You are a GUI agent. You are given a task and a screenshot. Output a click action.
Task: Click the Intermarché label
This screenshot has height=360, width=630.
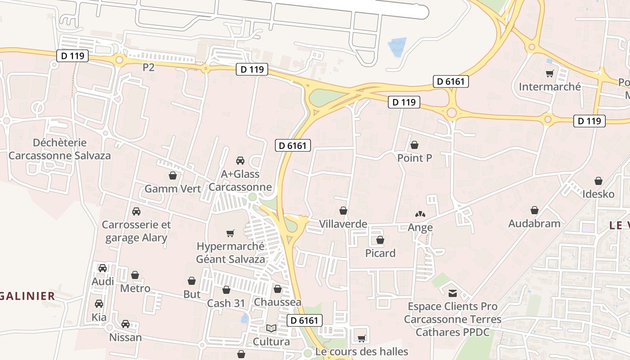(550, 86)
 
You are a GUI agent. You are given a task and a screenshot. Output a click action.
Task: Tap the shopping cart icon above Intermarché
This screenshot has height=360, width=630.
(549, 73)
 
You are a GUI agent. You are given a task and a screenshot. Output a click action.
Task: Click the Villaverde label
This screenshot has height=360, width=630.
(343, 224)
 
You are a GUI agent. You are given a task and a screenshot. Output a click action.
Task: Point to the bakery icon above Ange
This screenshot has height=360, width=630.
(420, 215)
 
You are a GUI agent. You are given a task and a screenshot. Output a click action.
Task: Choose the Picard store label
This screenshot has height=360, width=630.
(380, 253)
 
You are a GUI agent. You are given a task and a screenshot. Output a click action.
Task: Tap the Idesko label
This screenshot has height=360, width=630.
(598, 194)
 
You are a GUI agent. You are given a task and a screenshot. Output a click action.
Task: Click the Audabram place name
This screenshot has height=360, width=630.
(534, 223)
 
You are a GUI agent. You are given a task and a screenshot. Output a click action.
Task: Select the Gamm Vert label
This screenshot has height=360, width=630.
(172, 189)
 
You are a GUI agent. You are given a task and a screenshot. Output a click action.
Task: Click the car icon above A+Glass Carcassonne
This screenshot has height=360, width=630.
(240, 161)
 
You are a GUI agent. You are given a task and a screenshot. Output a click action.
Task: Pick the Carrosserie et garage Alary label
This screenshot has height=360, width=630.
(136, 231)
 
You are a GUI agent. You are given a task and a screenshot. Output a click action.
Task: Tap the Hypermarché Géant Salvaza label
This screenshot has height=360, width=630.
(230, 252)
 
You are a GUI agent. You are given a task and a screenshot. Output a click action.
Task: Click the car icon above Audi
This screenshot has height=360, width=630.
(103, 268)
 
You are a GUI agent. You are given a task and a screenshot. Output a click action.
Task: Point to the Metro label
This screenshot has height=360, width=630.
(135, 288)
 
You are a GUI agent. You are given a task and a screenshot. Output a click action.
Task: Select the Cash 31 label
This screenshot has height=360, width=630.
(226, 303)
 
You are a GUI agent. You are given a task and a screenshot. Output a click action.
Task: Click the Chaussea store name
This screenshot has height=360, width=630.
(277, 302)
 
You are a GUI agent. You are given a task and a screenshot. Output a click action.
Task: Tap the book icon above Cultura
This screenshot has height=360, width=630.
(271, 328)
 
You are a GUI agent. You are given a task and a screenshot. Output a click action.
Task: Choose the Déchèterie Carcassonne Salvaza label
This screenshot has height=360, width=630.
(59, 149)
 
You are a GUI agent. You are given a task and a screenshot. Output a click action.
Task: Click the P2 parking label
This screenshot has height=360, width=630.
(148, 67)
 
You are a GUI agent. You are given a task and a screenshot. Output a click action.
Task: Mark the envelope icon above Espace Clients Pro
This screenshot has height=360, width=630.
(452, 293)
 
